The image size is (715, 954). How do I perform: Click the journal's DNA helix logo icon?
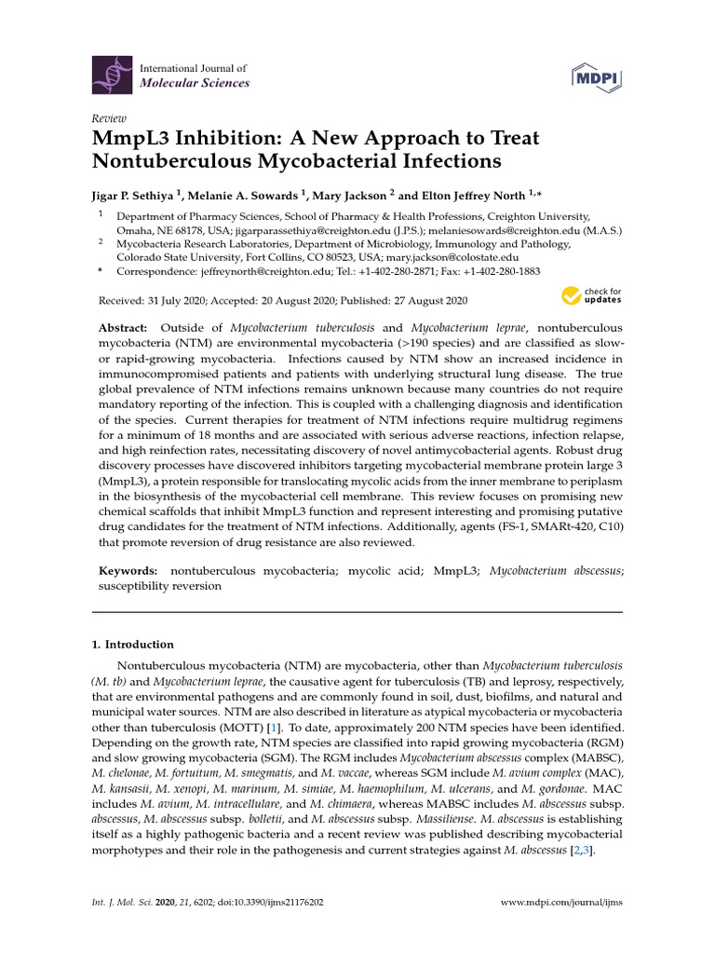(111, 75)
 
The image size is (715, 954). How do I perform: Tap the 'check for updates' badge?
(590, 296)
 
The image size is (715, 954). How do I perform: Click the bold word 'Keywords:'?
(128, 569)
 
